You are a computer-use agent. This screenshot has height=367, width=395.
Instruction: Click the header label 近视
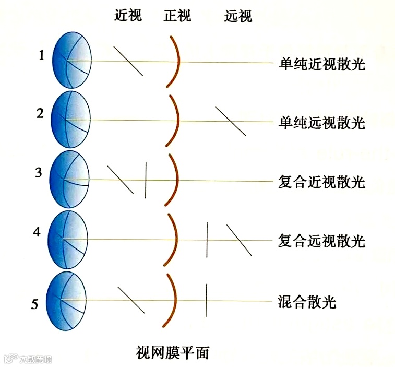[128, 16]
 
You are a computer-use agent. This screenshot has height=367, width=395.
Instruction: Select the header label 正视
[177, 16]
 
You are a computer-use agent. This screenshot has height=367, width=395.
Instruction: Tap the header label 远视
[238, 17]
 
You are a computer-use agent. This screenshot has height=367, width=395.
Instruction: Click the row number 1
[42, 55]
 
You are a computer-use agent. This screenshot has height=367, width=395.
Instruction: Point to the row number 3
[38, 173]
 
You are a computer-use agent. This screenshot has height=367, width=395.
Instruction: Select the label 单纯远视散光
[322, 123]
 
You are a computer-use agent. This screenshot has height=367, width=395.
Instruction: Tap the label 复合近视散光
[322, 182]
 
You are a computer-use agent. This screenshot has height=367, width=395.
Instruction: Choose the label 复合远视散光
[322, 241]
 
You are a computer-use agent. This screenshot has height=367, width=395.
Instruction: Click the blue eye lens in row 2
[71, 120]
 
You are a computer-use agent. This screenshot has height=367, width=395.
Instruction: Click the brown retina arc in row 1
[175, 61]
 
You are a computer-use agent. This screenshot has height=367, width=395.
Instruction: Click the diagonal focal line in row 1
[128, 62]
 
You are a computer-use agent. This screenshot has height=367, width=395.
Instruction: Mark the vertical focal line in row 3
[146, 180]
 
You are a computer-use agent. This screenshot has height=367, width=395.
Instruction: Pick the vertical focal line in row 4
[207, 240]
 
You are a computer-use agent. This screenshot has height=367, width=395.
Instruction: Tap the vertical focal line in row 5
[207, 300]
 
